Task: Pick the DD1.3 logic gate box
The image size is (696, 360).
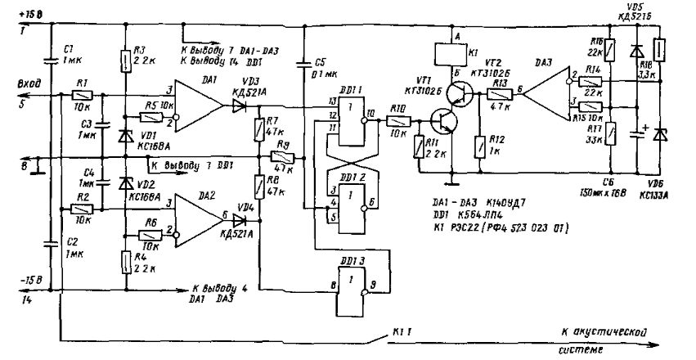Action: (x=350, y=290)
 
